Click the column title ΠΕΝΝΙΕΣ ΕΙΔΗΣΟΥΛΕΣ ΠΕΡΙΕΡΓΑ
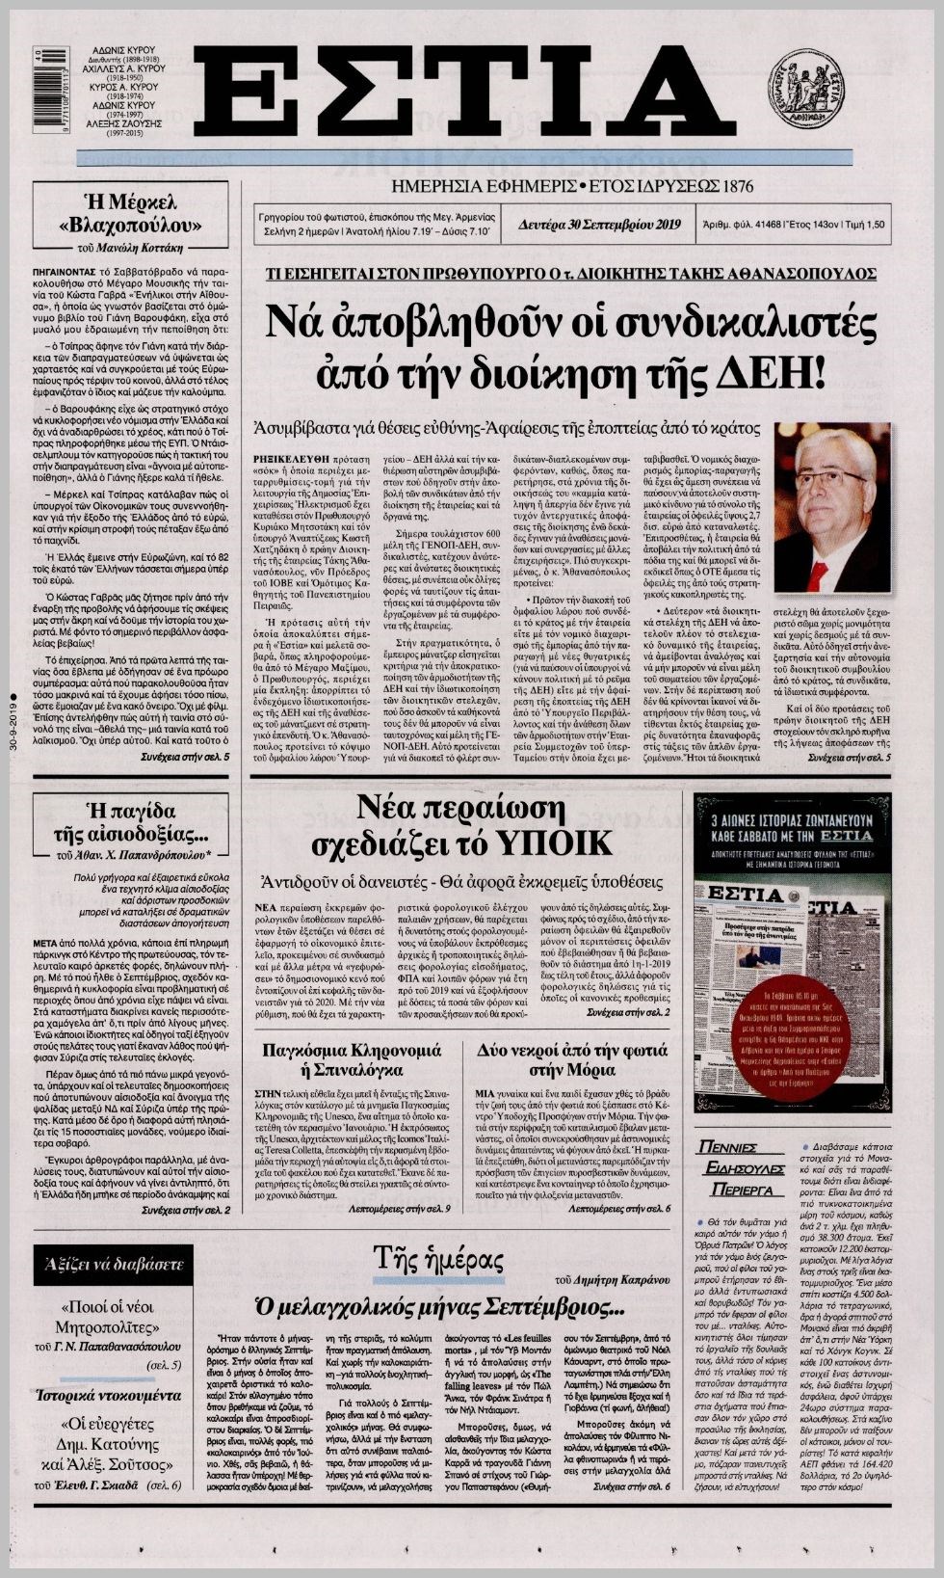tap(740, 1168)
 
